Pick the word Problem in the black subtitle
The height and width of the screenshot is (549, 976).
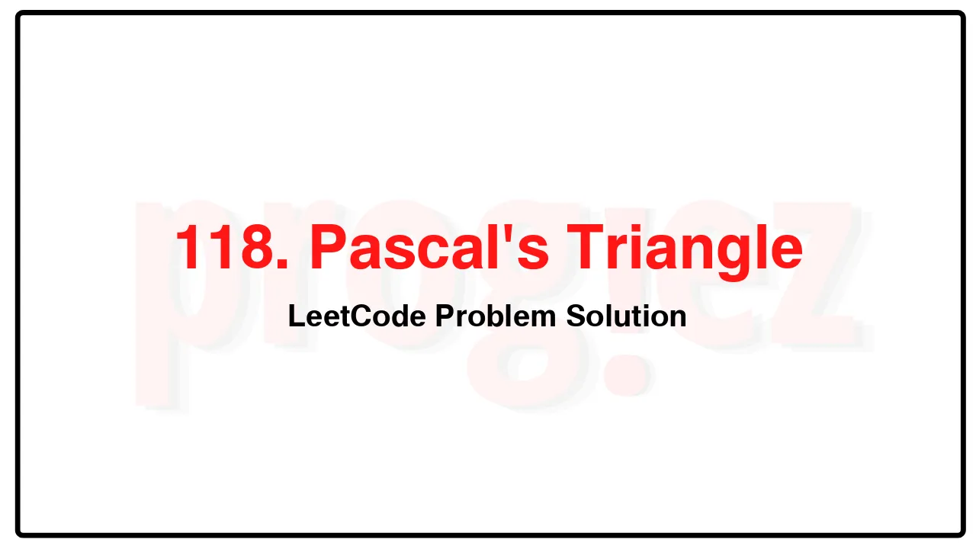[496, 316]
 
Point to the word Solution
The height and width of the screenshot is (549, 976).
[626, 316]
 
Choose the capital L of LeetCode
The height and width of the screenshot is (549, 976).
[295, 316]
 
